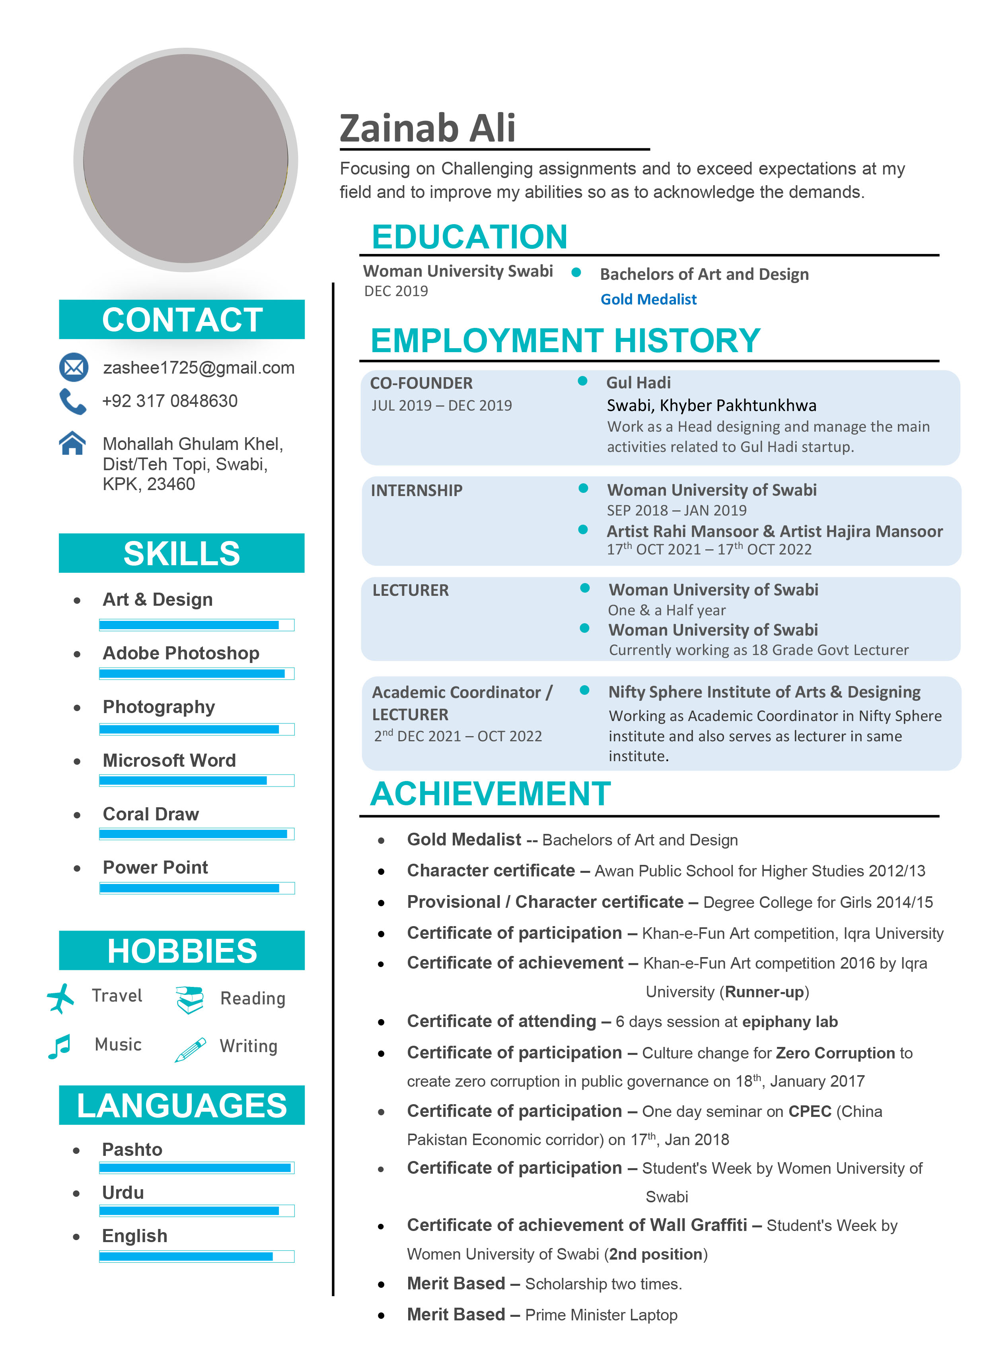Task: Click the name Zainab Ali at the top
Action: (427, 128)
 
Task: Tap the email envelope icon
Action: (74, 367)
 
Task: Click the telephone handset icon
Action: (72, 401)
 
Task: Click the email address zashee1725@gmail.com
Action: (199, 368)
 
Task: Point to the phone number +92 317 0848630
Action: (170, 401)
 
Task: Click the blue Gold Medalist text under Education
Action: (648, 299)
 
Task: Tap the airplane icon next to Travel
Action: (60, 998)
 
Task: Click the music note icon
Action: (60, 1046)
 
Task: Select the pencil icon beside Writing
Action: (190, 1049)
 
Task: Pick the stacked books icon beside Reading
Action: (190, 999)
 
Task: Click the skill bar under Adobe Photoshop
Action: (197, 673)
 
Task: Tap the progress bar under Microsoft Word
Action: (197, 780)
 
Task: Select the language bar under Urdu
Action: (197, 1211)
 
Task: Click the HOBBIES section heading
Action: (182, 950)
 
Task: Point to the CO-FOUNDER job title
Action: (421, 383)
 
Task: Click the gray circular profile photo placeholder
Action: (185, 159)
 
